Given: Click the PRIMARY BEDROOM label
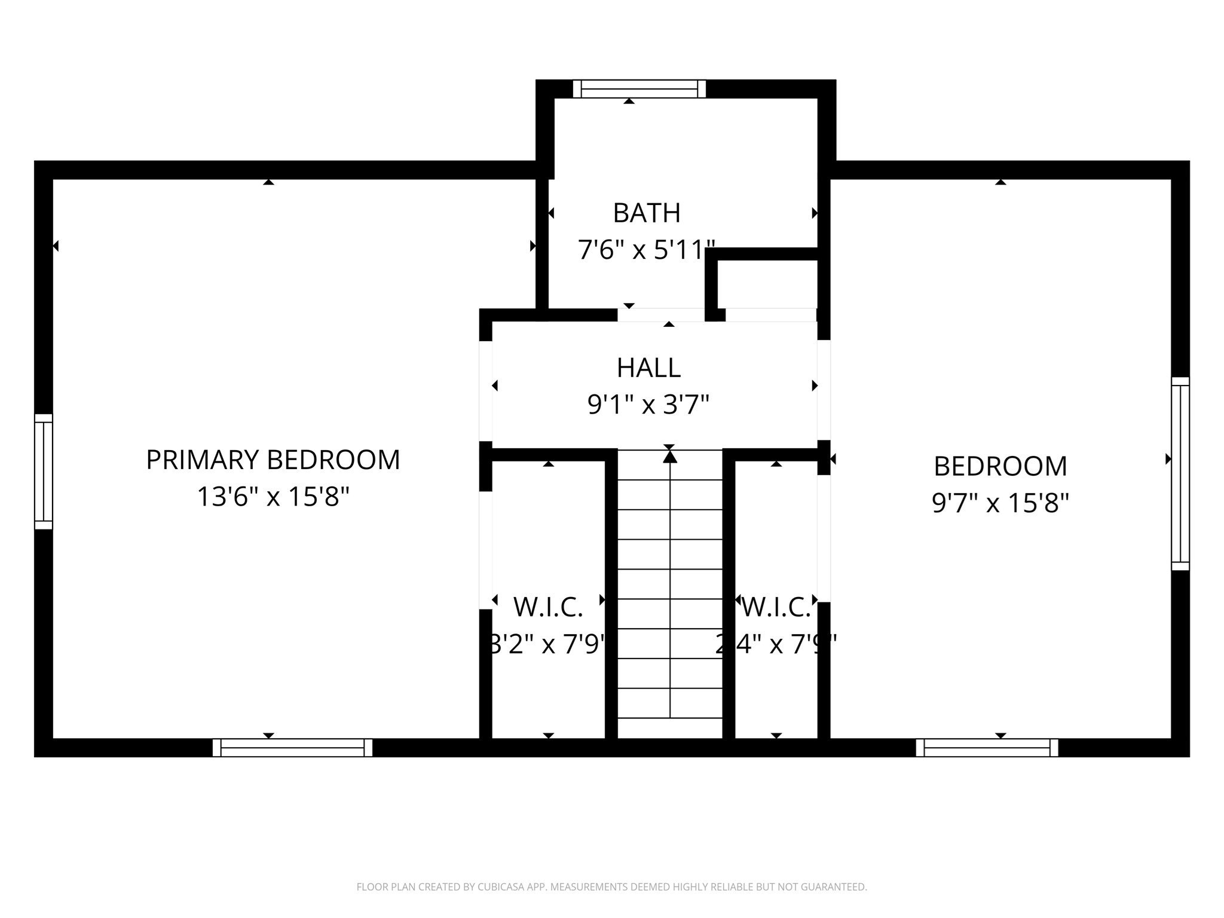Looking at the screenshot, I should click(273, 460).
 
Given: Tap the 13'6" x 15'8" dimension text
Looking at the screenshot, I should click(273, 497).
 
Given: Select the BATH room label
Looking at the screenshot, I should click(647, 213).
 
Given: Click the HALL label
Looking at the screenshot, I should click(648, 368).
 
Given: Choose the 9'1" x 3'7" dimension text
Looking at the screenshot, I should click(648, 405).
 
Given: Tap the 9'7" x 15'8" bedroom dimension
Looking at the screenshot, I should click(1000, 503).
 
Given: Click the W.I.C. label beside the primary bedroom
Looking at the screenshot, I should click(548, 608).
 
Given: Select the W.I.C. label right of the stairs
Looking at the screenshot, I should click(776, 608).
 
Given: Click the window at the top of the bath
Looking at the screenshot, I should click(639, 88).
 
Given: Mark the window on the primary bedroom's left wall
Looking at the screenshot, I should click(44, 472).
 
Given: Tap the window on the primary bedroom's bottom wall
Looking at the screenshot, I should click(292, 748).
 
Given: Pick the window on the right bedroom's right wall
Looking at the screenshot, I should click(1180, 473).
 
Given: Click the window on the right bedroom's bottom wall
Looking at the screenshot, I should click(987, 748).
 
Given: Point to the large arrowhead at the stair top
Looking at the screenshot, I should click(670, 457).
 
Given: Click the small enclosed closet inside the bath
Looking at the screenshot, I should click(767, 284).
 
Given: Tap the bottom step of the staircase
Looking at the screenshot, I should click(670, 703).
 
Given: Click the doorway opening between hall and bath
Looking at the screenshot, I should click(661, 314).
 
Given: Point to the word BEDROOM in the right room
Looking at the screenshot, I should click(1000, 466).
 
